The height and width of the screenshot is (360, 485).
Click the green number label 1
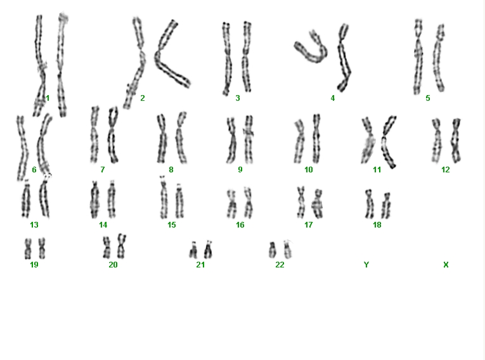pos(48,98)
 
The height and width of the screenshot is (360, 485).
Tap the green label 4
pos(332,98)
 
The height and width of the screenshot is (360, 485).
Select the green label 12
pos(446,169)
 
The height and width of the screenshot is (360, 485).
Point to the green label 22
pos(280,265)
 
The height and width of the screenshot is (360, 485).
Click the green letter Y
pos(366,265)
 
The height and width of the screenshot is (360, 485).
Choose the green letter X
pos(446,265)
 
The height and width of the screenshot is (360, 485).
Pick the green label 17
pos(308,225)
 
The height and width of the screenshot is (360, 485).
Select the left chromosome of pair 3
pos(227,59)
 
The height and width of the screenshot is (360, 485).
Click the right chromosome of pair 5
pos(439,58)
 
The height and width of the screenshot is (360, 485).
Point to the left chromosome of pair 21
pos(193,250)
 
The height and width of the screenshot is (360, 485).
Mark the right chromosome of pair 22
pos(288,249)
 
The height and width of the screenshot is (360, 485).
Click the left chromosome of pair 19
pos(28,248)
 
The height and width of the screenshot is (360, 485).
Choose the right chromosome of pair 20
pos(122,247)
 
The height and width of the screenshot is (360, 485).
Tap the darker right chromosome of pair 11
pos(388,142)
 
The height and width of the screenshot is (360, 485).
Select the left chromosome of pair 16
pos(231,204)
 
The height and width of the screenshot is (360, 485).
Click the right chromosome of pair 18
pos(386,206)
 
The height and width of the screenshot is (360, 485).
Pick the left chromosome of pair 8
pos(162,138)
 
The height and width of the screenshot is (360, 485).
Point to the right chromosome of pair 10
pos(316,139)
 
